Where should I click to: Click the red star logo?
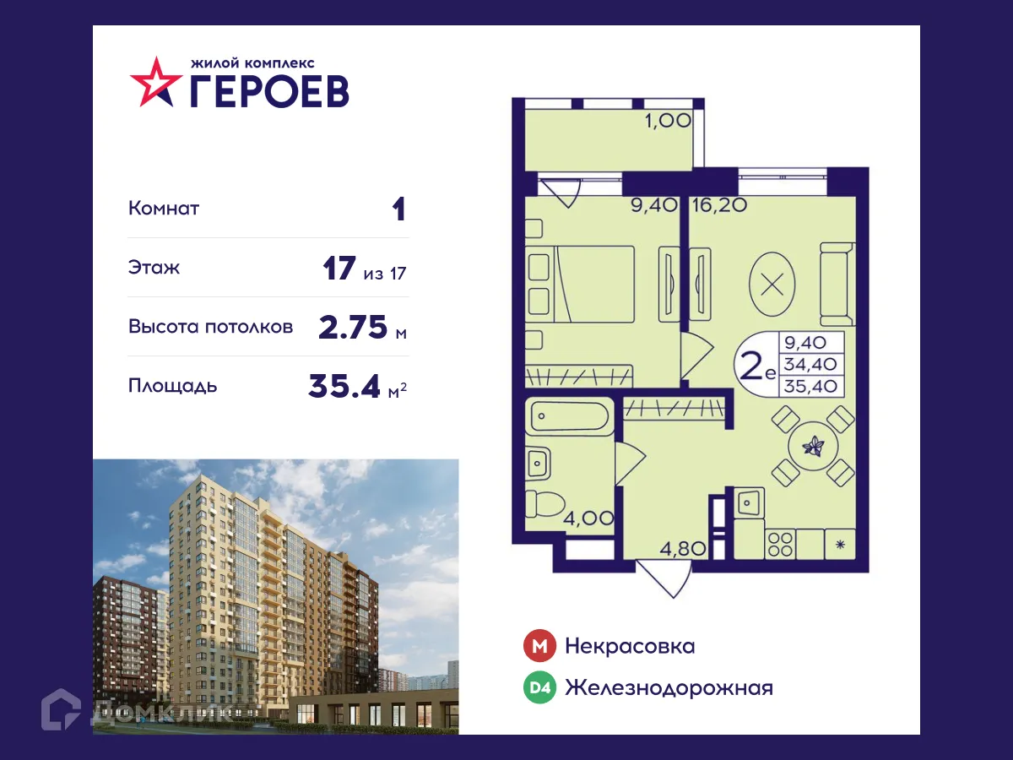[156, 82]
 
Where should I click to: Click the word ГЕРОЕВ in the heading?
[268, 90]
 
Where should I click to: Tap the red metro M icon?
[540, 647]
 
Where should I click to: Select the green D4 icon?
[540, 688]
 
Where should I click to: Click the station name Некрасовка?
[630, 647]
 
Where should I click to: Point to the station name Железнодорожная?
[669, 688]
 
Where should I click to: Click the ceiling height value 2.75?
[353, 327]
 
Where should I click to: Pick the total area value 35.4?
[345, 386]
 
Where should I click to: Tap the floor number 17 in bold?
[340, 269]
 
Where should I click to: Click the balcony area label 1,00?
[669, 121]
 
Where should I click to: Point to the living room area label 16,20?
[718, 204]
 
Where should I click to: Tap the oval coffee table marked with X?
[772, 283]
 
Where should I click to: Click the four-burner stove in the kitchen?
[780, 543]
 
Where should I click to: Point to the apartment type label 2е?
[756, 367]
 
